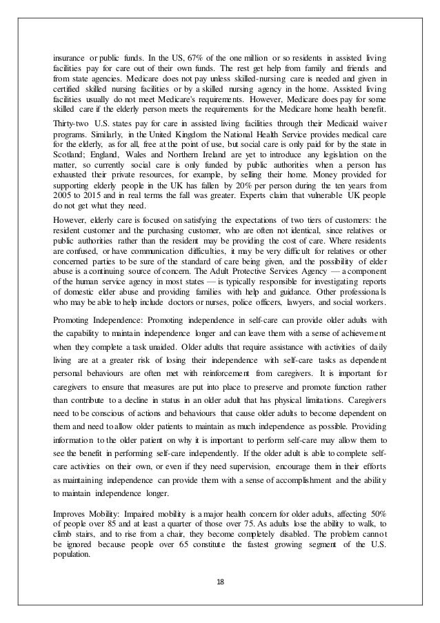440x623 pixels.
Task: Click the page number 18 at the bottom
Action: tap(219, 580)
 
